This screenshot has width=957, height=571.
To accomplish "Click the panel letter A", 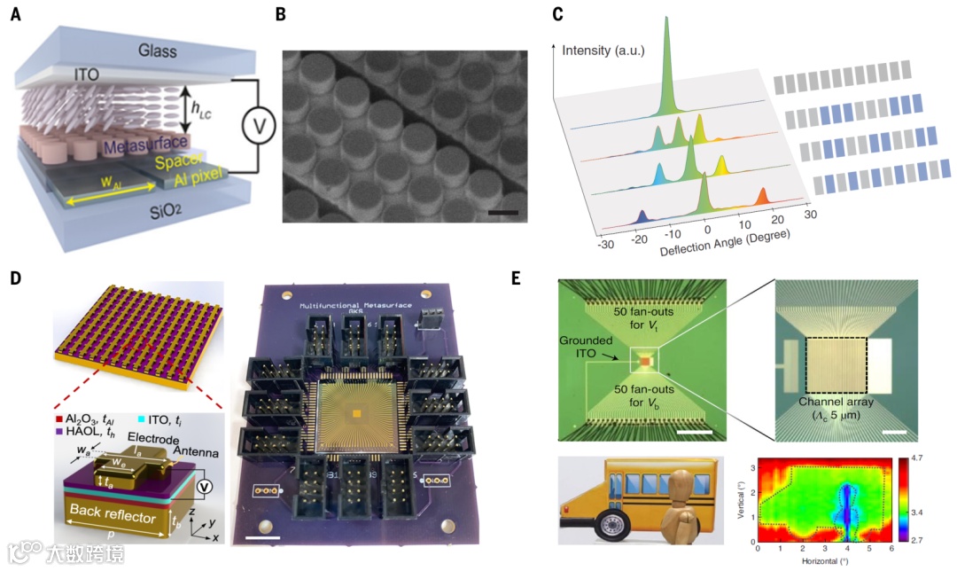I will (16, 16).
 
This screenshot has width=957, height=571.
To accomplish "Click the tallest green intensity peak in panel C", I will (667, 35).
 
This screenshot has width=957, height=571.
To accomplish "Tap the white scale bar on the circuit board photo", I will (263, 537).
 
